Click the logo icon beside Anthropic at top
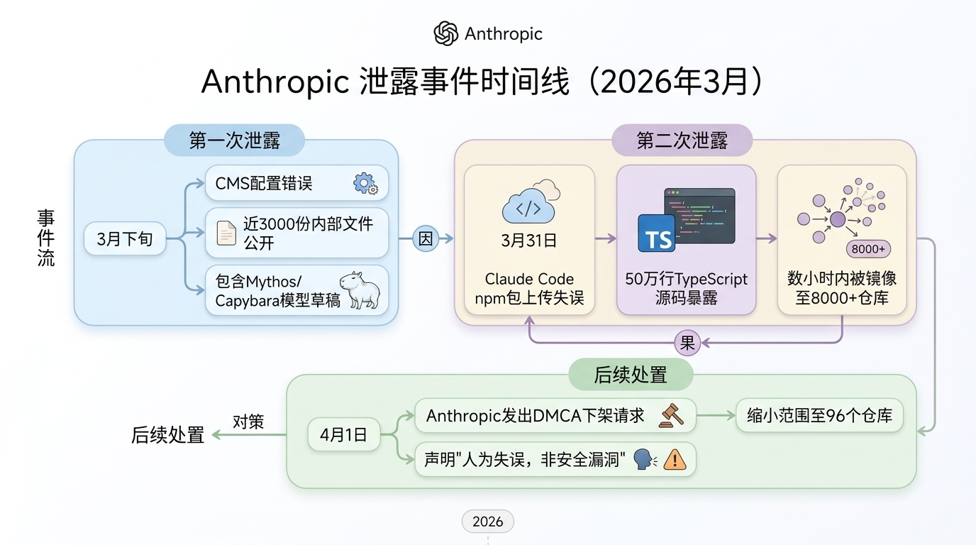point(446,33)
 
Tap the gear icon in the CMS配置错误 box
point(365,184)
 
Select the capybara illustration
point(360,290)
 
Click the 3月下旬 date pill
point(125,239)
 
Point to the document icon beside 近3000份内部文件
point(226,233)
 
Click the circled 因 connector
point(425,239)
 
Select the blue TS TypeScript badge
point(656,233)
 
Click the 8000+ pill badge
point(868,249)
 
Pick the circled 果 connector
point(687,343)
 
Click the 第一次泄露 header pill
point(234,141)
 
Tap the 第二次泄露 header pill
point(682,141)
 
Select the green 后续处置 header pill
point(631,374)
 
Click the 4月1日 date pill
point(343,435)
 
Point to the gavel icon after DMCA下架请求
point(671,415)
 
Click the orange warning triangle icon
point(675,460)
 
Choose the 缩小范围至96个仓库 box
point(819,416)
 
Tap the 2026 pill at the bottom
point(487,522)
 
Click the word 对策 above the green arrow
point(248,422)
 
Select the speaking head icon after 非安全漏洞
point(644,459)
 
